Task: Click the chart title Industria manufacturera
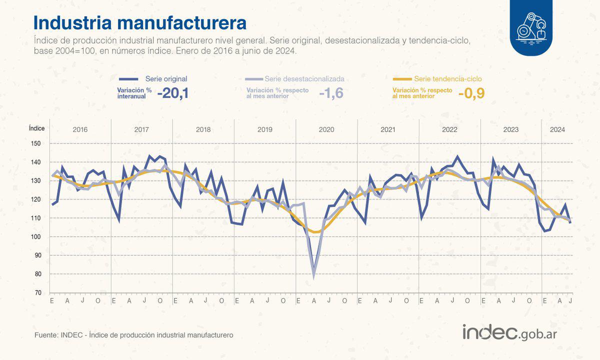click(139, 23)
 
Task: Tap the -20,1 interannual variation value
click(172, 93)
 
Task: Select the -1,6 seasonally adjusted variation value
click(331, 93)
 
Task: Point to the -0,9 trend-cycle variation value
click(471, 93)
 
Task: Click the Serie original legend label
click(166, 79)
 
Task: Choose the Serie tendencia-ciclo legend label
click(448, 79)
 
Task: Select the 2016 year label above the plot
click(80, 129)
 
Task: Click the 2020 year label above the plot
click(326, 129)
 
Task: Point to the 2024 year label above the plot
click(557, 129)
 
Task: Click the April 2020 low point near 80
click(314, 276)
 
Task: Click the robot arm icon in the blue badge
click(531, 26)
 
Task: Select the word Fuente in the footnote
click(45, 334)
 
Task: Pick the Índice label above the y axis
click(36, 128)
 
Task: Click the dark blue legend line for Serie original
click(128, 79)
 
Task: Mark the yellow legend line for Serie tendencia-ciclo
click(402, 79)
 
